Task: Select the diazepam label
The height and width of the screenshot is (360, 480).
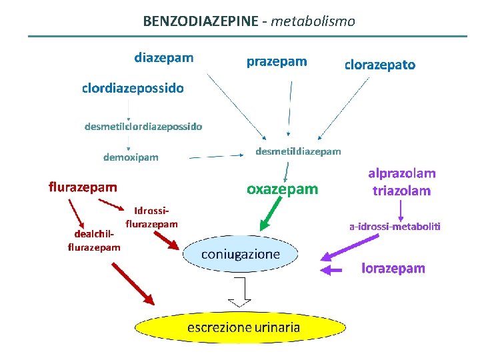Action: pos(164,57)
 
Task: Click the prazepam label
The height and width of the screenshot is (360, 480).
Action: pos(277,62)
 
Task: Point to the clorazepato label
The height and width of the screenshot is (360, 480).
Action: pos(379,65)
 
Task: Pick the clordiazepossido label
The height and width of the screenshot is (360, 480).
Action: pos(133,88)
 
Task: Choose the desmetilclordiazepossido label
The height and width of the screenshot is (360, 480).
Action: pos(143,125)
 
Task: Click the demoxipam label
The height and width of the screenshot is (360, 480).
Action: pos(131,158)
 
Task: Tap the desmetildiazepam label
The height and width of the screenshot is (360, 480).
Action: pos(298,151)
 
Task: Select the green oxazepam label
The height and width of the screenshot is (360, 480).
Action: pos(283,189)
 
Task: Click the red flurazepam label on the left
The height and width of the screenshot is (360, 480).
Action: pos(83,187)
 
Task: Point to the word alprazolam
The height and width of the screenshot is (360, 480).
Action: pos(402,173)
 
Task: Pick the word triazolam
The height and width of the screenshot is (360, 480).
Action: pos(401,191)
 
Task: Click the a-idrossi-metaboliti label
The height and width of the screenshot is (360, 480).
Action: pos(395,227)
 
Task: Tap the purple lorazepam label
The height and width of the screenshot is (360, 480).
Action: pos(393,269)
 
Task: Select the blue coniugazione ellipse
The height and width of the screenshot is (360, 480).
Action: pos(241,255)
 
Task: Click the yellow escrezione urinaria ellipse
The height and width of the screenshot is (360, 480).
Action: pos(243,327)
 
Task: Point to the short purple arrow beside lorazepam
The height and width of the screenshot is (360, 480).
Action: pos(333,270)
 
